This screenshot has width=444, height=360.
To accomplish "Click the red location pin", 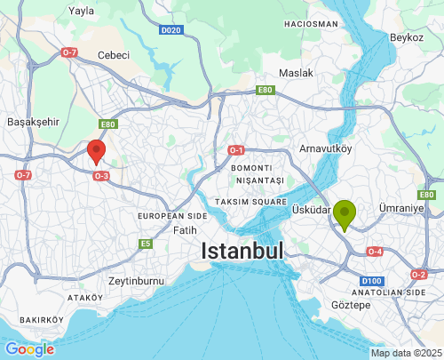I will (97, 151).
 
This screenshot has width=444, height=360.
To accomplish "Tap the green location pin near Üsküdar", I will (345, 213).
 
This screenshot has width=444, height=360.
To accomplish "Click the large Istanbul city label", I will (242, 251).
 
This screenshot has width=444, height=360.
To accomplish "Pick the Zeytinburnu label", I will (137, 281).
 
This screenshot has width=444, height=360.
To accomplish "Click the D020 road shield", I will (171, 29).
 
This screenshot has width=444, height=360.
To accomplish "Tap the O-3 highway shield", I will (101, 176).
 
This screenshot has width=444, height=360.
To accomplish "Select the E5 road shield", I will (146, 244).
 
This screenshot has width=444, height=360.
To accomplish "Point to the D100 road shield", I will (372, 282).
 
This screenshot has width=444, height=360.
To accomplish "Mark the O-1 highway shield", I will (235, 150).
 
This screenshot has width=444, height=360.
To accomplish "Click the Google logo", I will (28, 349).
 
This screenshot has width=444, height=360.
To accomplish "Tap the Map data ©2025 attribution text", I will (405, 353).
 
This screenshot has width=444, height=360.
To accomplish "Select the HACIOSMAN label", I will (309, 23).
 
